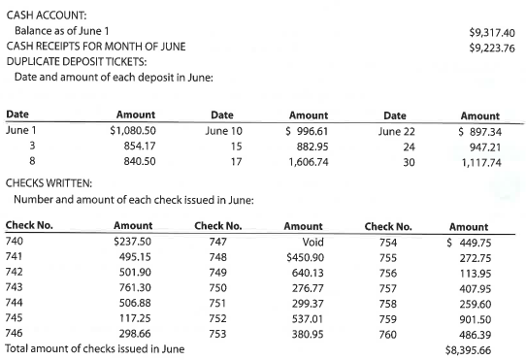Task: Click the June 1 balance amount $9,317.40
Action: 491,32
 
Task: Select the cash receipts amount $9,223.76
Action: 491,47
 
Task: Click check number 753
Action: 217,333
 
